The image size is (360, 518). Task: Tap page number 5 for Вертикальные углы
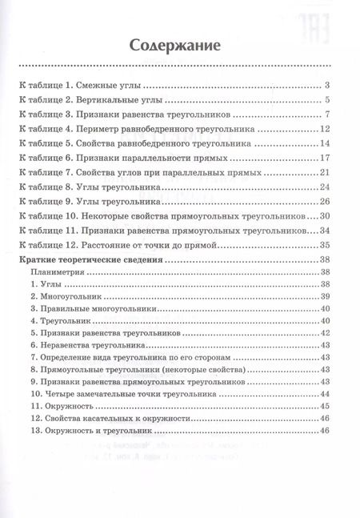329,100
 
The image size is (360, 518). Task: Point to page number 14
325,144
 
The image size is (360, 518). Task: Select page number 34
325,231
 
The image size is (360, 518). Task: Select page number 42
325,331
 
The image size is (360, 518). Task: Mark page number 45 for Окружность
325,407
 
